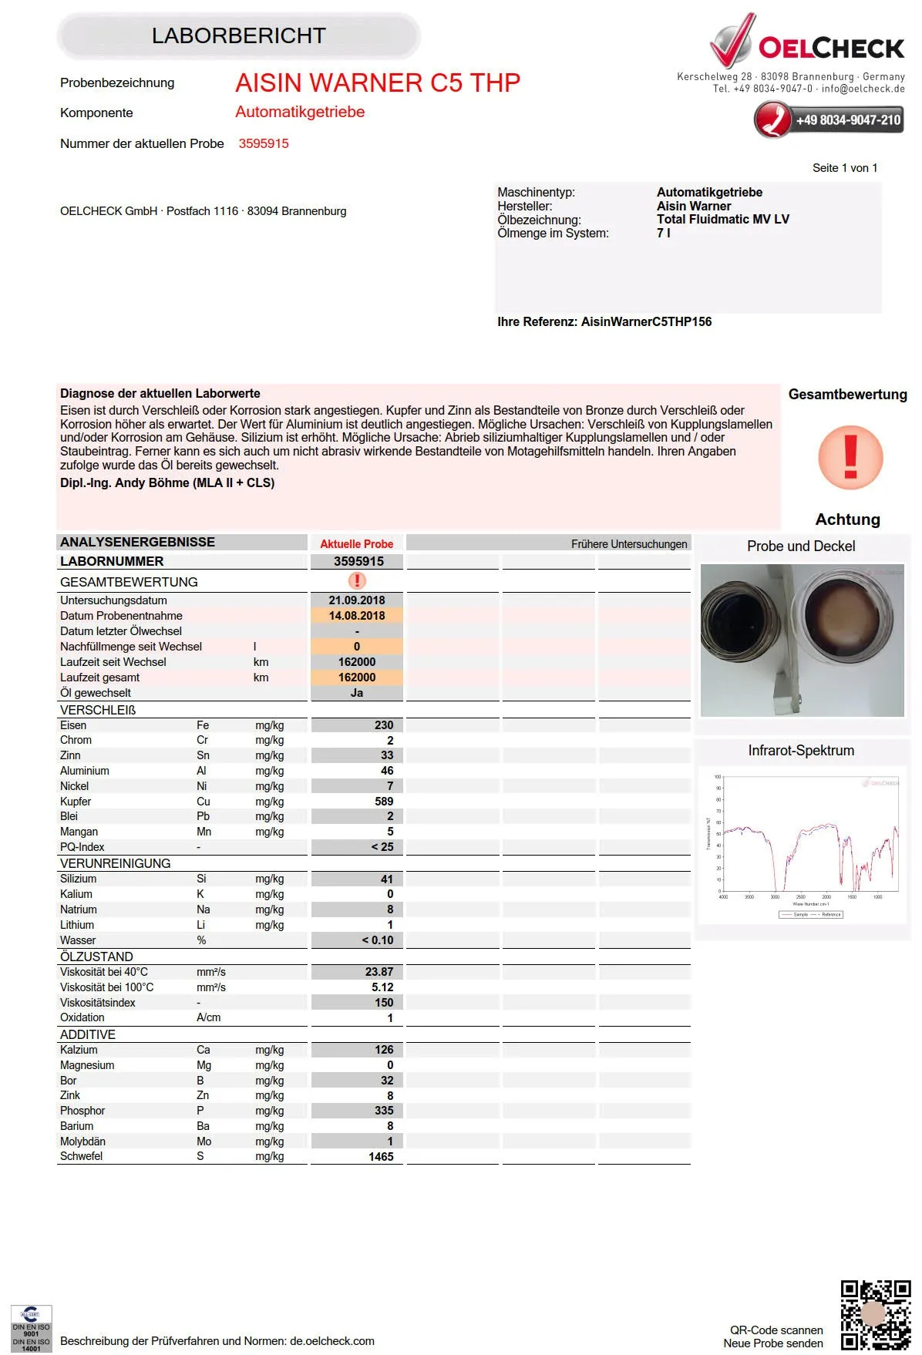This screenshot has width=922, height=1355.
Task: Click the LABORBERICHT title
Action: (238, 36)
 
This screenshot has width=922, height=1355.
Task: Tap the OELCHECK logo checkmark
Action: (732, 42)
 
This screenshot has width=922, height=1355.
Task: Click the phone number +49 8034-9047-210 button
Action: (829, 120)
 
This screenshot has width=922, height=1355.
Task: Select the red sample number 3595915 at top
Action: (264, 143)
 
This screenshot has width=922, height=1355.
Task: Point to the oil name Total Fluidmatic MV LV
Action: (722, 220)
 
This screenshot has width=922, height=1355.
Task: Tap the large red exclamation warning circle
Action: (850, 457)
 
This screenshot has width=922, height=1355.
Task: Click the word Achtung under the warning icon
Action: (847, 519)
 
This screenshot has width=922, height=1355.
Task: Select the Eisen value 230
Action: (383, 725)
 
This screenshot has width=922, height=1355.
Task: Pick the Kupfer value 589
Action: (383, 802)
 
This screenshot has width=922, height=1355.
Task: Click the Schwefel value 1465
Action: (381, 1157)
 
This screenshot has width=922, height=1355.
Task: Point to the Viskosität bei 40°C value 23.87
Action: (379, 972)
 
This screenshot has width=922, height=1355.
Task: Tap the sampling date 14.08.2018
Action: (357, 616)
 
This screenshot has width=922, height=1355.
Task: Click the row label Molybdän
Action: (83, 1141)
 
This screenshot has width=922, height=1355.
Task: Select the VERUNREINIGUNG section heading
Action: (116, 863)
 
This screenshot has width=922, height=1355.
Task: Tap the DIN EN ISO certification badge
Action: (31, 1328)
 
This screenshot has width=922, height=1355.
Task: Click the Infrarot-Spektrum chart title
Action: (801, 751)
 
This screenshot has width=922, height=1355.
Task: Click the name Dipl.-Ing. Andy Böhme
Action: (167, 483)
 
